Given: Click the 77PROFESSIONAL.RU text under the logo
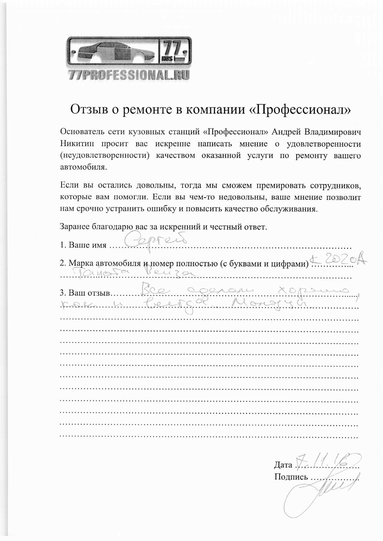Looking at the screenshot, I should pyautogui.click(x=129, y=75).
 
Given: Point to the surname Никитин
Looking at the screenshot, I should pyautogui.click(x=77, y=144).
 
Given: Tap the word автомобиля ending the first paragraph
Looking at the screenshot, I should pyautogui.click(x=82, y=167).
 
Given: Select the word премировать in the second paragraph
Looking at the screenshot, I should pyautogui.click(x=274, y=185).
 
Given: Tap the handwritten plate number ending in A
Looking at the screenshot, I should pyautogui.click(x=339, y=259).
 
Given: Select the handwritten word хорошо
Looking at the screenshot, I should pyautogui.click(x=314, y=291).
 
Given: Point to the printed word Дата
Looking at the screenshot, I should pyautogui.click(x=283, y=465).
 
